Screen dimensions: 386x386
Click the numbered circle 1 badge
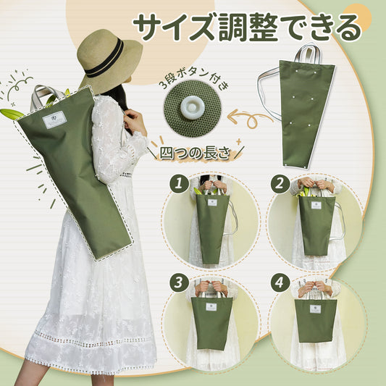(x=179, y=183)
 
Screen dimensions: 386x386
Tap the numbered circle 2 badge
(x=280, y=183)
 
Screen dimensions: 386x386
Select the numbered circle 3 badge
(x=179, y=283)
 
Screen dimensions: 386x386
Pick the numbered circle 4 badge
(x=280, y=283)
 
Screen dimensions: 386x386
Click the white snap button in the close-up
(x=193, y=108)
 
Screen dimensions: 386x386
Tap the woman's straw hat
(x=109, y=60)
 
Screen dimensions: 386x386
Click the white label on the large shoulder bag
(x=54, y=119)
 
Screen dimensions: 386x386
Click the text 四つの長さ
(x=196, y=153)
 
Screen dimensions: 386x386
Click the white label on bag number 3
(x=211, y=307)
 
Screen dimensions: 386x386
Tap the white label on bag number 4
(x=316, y=309)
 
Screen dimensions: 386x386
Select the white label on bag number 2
(x=316, y=205)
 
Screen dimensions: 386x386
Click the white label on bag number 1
(x=212, y=203)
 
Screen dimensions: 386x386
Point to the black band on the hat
(x=104, y=59)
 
